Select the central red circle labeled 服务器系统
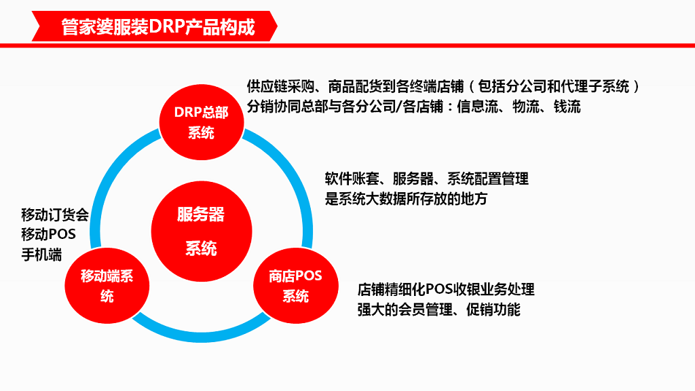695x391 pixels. coord(201,231)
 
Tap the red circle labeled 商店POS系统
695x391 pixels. coord(295,286)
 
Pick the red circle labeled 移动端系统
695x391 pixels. coord(107,286)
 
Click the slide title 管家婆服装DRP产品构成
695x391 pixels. coord(157,28)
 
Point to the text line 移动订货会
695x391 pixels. coord(55,215)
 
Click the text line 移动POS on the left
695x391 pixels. coord(48,235)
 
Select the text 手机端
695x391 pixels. coord(41,255)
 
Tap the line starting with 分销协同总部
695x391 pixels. coord(414,107)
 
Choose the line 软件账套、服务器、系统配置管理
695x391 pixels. coord(427,179)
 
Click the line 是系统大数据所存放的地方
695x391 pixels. coord(407,199)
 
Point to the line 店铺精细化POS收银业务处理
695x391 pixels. coord(446,289)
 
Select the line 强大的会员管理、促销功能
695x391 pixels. coord(439,310)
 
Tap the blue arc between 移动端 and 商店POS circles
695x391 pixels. coord(201,333)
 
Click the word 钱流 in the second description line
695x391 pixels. coord(567,107)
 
